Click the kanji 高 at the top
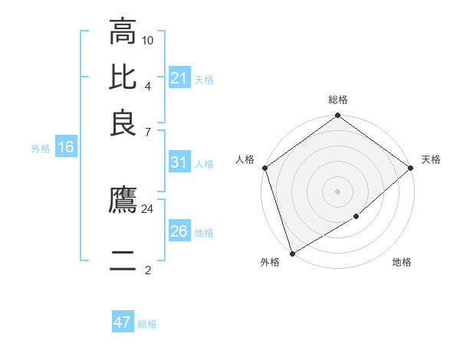tap(123, 32)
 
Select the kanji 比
tap(123, 78)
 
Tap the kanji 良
tap(123, 124)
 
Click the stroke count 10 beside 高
tap(148, 39)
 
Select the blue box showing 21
tap(179, 78)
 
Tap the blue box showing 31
tap(179, 162)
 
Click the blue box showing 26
tap(179, 231)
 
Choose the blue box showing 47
tap(123, 322)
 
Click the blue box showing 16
tap(66, 148)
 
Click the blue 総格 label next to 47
tap(148, 324)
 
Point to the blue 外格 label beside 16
tap(41, 149)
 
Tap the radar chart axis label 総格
tap(338, 100)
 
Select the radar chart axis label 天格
tap(432, 159)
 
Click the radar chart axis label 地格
tap(402, 262)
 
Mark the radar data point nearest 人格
tap(264, 168)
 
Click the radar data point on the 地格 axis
tap(356, 217)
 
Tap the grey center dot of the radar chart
tap(338, 191)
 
